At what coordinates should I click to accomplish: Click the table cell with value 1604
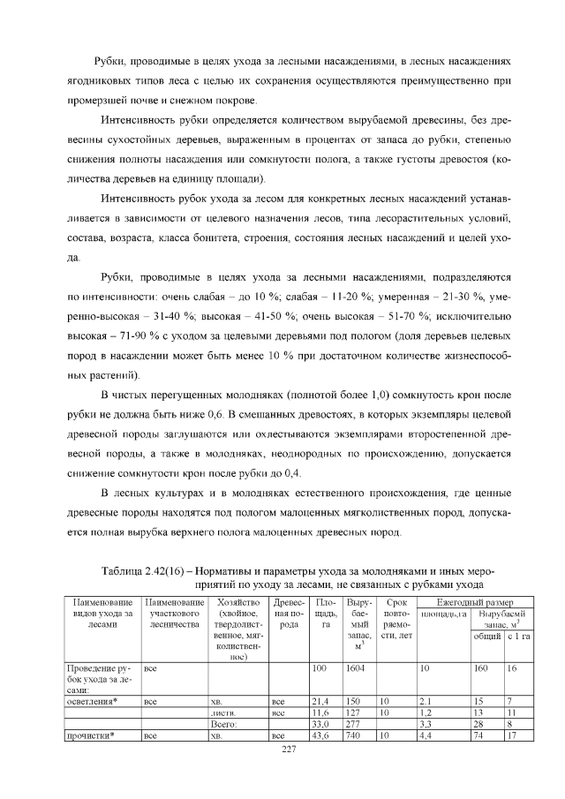tap(355, 668)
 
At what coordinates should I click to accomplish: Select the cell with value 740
tap(354, 735)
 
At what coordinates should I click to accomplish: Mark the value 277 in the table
tap(354, 723)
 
